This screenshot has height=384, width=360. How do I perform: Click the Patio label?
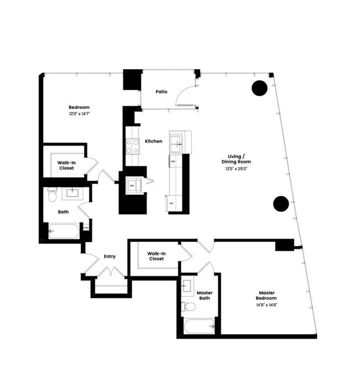pyautogui.click(x=161, y=92)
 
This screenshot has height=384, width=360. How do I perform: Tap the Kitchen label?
pyautogui.click(x=153, y=141)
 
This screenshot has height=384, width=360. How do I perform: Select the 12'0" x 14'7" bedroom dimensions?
pyautogui.click(x=79, y=113)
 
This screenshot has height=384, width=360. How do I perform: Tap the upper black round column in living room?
pyautogui.click(x=260, y=87)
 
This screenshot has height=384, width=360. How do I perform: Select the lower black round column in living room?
pyautogui.click(x=281, y=204)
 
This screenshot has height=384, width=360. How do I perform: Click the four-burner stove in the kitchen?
pyautogui.click(x=133, y=146)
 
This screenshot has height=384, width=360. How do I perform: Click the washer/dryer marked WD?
pyautogui.click(x=133, y=185)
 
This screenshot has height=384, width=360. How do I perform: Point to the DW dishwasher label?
pyautogui.click(x=173, y=162)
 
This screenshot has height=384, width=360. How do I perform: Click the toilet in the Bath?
pyautogui.click(x=53, y=195)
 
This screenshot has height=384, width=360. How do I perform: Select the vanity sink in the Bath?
pyautogui.click(x=72, y=193)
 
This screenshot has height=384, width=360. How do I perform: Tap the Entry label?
pyautogui.click(x=109, y=256)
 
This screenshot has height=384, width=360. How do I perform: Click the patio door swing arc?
pyautogui.click(x=184, y=96)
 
